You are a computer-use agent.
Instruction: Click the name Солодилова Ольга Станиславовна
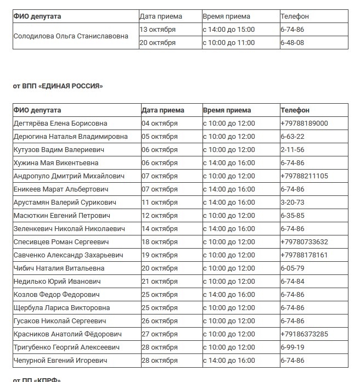pos(71,36)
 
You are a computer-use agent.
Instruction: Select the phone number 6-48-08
pos(292,43)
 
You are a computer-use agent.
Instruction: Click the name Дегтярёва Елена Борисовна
pos(60,123)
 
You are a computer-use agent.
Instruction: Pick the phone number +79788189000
pos(304,123)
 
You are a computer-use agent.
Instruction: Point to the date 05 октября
pos(160,137)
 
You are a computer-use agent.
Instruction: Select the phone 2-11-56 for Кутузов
pos(292,150)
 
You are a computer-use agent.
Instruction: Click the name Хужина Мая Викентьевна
pos(56,163)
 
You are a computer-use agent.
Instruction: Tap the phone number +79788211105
pos(304,176)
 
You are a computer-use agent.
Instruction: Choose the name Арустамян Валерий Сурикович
pos(65,203)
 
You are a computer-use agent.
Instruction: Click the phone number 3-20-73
pos(292,203)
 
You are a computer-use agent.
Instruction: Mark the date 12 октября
pos(160,216)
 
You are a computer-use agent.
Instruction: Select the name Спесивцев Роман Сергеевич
pos(61,242)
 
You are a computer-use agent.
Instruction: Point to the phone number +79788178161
pos(304,255)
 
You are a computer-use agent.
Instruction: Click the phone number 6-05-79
pos(292,268)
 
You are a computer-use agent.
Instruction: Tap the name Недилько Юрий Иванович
pos(57,282)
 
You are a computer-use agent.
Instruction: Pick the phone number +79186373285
pos(304,334)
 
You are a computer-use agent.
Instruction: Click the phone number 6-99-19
pos(292,347)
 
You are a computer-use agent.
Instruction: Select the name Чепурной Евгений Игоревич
pos(60,361)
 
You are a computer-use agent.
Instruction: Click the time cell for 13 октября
pos(229,30)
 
